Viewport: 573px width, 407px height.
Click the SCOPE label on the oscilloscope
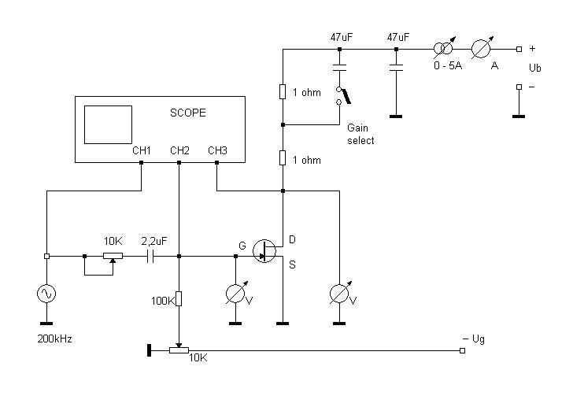pos(188,113)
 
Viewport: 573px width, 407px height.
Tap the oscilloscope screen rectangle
pos(108,124)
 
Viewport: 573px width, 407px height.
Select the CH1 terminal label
pos(142,150)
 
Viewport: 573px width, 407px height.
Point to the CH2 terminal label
pos(179,150)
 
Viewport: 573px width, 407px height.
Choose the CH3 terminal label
pos(217,150)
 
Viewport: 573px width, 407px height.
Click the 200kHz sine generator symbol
pos(46,294)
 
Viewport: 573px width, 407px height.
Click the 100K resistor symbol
pos(179,299)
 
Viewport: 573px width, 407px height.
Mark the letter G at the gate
pos(242,246)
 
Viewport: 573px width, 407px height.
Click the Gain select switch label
pos(360,134)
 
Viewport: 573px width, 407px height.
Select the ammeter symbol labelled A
pos(482,49)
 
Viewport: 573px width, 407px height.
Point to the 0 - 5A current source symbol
pos(445,49)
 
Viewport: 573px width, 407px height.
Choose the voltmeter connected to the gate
pos(235,294)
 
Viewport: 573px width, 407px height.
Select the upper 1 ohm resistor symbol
pos(283,92)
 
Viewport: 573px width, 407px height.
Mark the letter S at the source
pos(292,265)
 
